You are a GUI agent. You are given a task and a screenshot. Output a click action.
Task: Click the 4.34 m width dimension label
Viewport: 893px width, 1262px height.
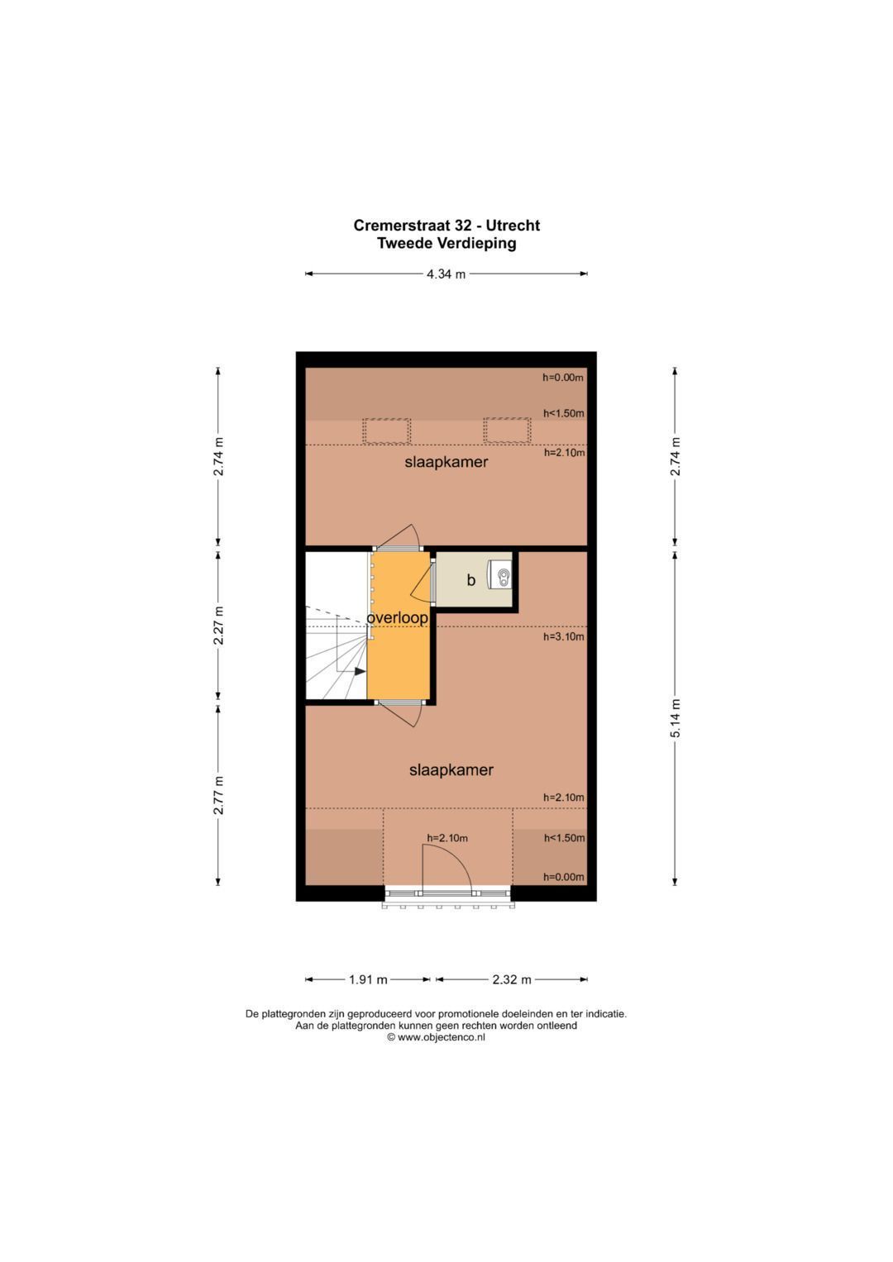(446, 274)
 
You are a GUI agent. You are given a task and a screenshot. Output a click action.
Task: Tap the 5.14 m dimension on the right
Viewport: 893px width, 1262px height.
(675, 717)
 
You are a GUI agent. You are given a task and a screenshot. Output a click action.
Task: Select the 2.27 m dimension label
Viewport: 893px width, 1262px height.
(218, 626)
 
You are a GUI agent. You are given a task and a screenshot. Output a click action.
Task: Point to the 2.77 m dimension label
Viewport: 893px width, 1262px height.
(218, 794)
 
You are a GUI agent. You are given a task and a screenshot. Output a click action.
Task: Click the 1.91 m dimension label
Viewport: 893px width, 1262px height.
(368, 979)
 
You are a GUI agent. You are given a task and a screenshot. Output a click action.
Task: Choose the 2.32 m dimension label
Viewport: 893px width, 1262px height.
(512, 979)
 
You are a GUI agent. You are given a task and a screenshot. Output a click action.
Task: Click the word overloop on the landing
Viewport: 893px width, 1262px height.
(398, 618)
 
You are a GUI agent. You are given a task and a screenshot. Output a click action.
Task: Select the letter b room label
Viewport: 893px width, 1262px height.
(470, 579)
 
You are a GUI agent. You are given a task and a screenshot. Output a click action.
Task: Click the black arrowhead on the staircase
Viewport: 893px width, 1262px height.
(361, 671)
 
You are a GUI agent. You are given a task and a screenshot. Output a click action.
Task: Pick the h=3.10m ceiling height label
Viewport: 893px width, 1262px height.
(563, 636)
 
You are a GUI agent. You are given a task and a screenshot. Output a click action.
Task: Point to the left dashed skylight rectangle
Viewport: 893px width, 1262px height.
(386, 431)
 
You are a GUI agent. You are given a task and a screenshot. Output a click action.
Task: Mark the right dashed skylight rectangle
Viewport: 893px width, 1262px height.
(507, 431)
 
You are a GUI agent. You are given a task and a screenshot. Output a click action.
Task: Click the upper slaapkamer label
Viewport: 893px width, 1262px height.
(446, 462)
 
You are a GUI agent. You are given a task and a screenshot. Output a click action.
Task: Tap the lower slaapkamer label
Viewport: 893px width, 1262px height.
(451, 770)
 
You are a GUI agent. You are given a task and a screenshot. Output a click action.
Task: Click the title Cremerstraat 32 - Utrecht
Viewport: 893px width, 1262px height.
(446, 226)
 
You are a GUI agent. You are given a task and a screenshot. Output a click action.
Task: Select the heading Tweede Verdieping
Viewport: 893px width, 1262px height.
(446, 243)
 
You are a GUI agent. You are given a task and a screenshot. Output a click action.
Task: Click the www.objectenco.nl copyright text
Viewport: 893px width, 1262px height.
(436, 1037)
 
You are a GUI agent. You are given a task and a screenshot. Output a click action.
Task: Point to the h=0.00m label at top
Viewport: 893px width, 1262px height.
(562, 378)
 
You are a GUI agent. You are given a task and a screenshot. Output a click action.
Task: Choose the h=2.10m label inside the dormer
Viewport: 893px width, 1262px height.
(447, 838)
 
